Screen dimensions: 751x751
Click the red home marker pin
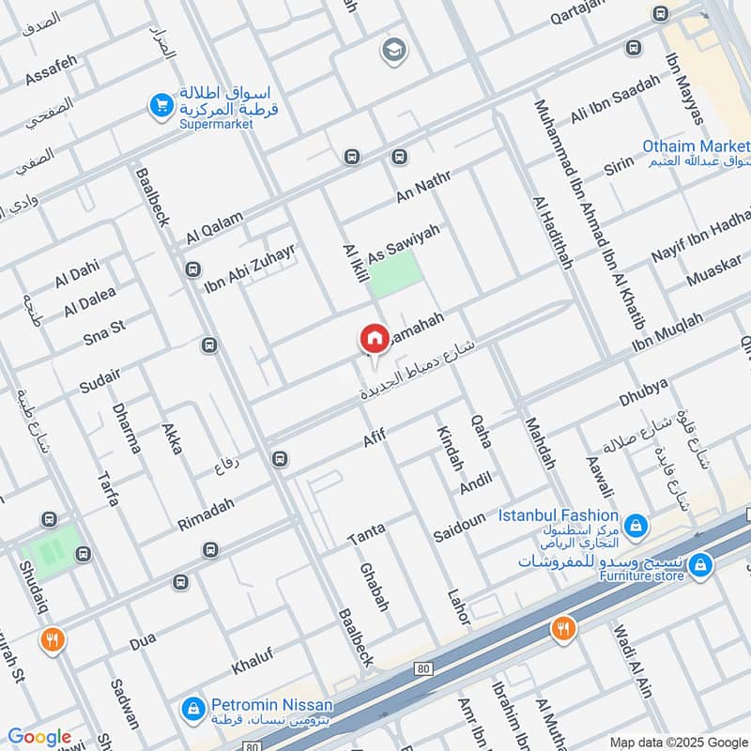(374, 339)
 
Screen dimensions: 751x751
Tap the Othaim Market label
(696, 146)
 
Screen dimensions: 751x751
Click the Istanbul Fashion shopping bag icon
(636, 524)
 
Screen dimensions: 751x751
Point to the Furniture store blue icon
(699, 566)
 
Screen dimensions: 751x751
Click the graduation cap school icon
(392, 51)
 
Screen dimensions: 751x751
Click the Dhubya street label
(642, 394)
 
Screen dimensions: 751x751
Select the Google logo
(39, 737)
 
